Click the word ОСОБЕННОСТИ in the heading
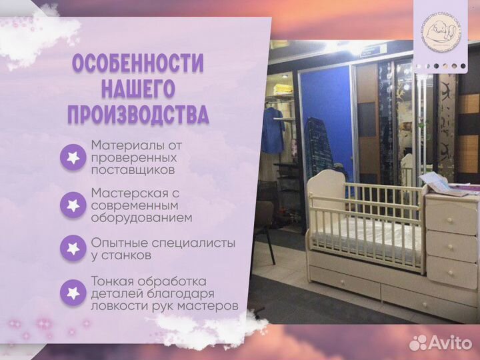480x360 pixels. click(138, 65)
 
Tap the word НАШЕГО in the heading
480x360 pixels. click(137, 89)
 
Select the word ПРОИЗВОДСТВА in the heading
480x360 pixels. click(138, 114)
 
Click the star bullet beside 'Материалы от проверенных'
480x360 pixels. click(72, 157)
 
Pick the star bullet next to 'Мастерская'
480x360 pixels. click(72, 205)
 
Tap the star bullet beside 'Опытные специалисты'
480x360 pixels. click(72, 248)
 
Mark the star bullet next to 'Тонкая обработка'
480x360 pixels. click(72, 292)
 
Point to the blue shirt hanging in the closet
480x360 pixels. click(272, 130)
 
